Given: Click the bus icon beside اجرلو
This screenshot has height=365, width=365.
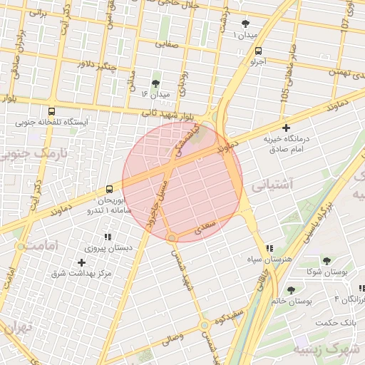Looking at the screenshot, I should (257, 51).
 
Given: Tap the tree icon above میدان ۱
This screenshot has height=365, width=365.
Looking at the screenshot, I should (246, 24).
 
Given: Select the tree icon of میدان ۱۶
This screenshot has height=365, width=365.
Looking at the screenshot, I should (156, 83).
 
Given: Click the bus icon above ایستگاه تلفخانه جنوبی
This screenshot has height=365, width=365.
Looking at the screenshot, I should (51, 111).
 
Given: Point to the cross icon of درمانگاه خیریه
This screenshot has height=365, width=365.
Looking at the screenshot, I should (287, 128).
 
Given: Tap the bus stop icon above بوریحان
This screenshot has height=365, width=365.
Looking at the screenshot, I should (109, 189).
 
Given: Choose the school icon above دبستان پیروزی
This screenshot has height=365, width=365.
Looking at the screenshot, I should (108, 237).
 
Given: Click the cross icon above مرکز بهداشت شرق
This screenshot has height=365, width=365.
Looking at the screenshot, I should (81, 262).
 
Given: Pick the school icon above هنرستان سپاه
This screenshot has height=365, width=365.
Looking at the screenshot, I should (268, 248).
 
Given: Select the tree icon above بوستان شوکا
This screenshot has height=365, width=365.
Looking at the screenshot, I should (327, 261).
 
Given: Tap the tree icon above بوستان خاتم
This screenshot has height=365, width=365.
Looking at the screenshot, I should (291, 289).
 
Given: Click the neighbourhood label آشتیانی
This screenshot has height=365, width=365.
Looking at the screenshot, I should (272, 185).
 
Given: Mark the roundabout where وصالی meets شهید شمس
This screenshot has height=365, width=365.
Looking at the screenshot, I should (205, 325).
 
